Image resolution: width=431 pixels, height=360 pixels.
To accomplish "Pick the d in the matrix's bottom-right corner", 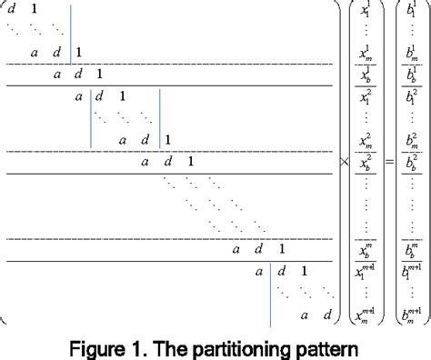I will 328,315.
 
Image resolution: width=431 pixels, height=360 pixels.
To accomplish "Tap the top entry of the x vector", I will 364,13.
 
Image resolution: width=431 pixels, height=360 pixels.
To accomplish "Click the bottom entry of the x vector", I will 364,314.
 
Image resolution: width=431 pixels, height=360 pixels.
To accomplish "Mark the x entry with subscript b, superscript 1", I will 364,75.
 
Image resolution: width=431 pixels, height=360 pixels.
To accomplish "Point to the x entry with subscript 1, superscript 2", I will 364,96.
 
